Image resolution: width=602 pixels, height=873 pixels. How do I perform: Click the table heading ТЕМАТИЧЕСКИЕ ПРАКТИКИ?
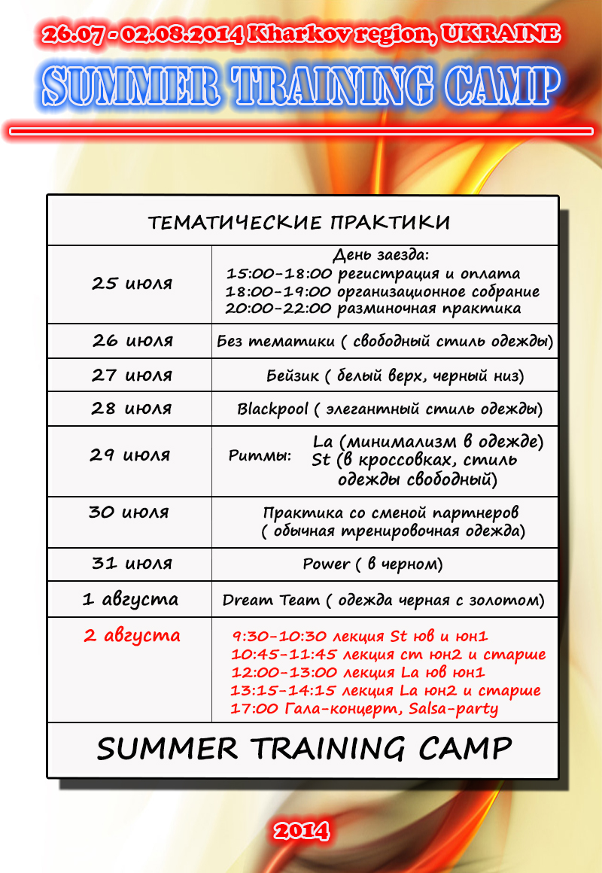click(x=299, y=223)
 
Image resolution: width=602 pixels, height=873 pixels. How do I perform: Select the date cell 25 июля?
click(x=132, y=284)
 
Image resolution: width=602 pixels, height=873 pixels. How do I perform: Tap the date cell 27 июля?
click(x=132, y=375)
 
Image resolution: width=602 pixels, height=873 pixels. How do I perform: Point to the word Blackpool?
click(x=272, y=409)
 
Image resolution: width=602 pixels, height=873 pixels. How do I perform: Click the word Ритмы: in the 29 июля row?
click(x=260, y=456)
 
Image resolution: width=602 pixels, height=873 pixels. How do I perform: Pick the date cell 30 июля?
click(x=129, y=513)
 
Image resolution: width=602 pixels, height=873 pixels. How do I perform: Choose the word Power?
click(x=327, y=564)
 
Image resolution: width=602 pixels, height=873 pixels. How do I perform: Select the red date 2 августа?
click(x=132, y=635)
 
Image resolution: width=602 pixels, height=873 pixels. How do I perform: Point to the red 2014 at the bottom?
click(x=301, y=831)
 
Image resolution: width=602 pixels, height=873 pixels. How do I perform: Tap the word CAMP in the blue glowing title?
click(x=502, y=87)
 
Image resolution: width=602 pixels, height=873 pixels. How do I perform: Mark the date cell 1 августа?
click(x=130, y=600)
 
